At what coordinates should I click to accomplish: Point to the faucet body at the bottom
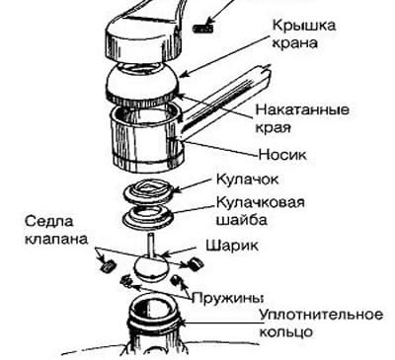tap(153, 330)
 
